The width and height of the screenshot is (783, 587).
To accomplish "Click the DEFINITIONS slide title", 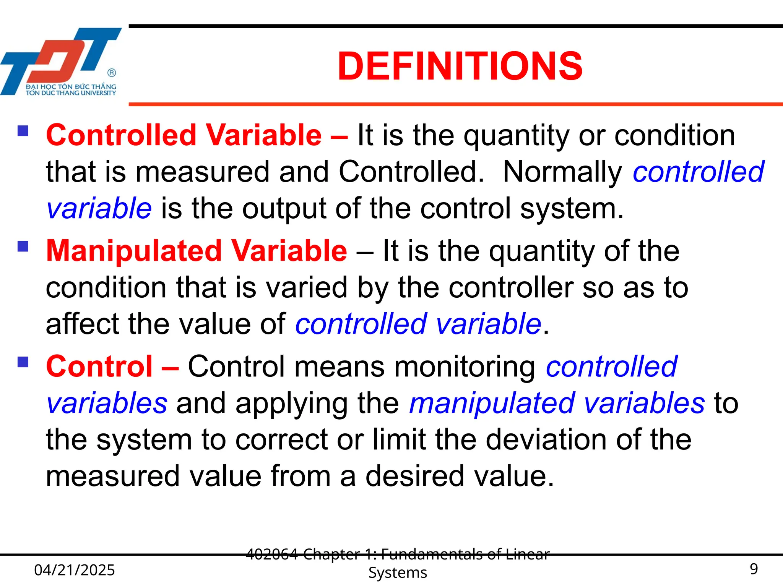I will pyautogui.click(x=460, y=66).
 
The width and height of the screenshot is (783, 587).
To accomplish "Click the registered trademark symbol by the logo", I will pyautogui.click(x=112, y=73).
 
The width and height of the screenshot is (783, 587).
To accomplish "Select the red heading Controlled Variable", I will pyautogui.click(x=184, y=135).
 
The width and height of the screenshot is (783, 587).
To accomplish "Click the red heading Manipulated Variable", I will pyautogui.click(x=197, y=251).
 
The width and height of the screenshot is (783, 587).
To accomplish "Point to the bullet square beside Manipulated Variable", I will pyautogui.click(x=23, y=246).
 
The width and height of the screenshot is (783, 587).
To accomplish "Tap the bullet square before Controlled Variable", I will pyautogui.click(x=23, y=131).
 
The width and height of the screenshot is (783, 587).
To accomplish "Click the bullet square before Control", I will pyautogui.click(x=23, y=362).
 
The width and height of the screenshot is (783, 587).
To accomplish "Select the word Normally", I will pyautogui.click(x=562, y=172).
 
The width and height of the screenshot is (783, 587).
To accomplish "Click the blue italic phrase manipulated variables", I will pyautogui.click(x=556, y=404).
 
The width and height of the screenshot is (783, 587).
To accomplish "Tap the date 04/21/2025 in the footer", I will pyautogui.click(x=75, y=570).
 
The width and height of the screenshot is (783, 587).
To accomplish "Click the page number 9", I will pyautogui.click(x=754, y=569).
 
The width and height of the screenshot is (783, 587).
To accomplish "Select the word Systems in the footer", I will pyautogui.click(x=398, y=573).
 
